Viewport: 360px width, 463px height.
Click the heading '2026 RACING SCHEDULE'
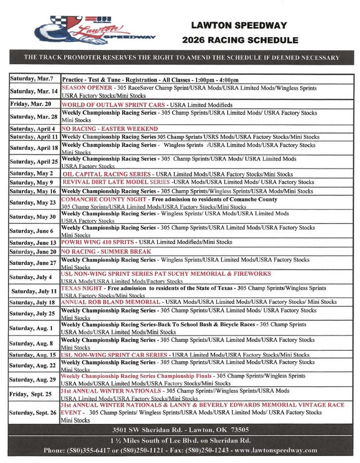pos(240,40)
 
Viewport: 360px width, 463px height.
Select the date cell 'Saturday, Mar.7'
pos(32,80)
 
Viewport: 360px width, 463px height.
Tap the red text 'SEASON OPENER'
pos(87,87)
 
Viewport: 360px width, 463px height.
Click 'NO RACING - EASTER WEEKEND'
pos(109,128)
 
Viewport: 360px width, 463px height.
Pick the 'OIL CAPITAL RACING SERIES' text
pos(106,174)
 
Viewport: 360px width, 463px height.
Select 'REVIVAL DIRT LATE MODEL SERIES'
pos(116,182)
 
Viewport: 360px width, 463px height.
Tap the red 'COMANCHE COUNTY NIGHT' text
pos(103,199)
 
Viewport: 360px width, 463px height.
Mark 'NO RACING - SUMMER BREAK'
pos(106,252)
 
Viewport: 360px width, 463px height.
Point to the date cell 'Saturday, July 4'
pos(30,277)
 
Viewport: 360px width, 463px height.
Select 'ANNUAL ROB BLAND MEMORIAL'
pos(111,302)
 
